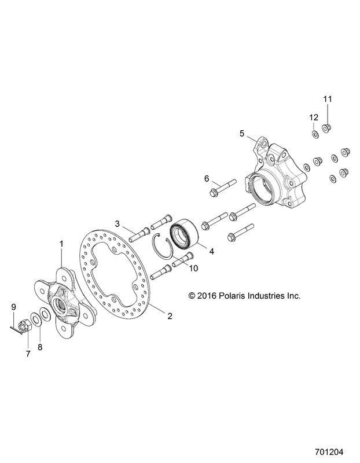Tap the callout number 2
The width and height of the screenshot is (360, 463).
pos(170,316)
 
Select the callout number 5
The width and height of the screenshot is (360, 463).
pos(242,134)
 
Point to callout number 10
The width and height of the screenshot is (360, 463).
pos(194,268)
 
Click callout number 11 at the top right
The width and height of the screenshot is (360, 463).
pos(327,99)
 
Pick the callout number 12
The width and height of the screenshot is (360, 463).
pos(314,117)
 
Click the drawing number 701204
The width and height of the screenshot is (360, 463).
pos(329,452)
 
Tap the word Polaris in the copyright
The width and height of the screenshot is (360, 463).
pos(231,296)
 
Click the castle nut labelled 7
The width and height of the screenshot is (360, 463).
pos(23,328)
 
